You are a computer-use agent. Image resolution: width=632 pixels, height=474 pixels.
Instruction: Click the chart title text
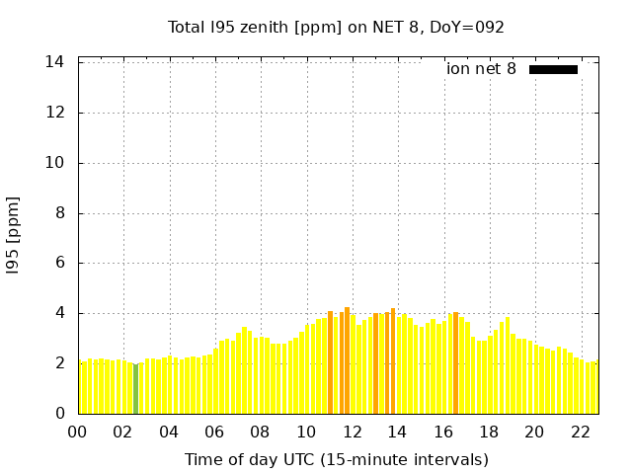pos(336,28)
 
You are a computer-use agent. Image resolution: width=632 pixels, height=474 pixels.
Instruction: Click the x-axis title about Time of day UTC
pos(336,459)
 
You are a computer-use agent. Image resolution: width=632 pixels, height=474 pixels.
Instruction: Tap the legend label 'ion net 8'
pos(481,69)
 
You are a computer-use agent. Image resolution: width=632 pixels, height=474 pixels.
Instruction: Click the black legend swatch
pos(553,69)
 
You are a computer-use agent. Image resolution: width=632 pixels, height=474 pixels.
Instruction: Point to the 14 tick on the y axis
pos(55,62)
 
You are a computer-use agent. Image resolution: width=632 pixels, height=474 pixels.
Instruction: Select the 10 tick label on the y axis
pos(55,163)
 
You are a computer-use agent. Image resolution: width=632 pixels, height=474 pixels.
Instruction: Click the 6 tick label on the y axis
pos(59,264)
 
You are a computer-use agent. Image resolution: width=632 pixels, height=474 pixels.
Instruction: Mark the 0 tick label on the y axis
pos(59,414)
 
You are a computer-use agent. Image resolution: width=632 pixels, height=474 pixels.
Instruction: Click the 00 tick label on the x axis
pos(78,432)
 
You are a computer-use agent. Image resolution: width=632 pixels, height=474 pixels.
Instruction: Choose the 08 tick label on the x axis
pos(261,432)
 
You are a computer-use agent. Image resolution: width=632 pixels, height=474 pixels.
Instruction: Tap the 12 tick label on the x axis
pos(352,432)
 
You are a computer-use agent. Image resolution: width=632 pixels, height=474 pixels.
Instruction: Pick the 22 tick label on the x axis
pos(581,432)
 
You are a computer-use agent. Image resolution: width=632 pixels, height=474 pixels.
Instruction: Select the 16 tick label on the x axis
pos(443,432)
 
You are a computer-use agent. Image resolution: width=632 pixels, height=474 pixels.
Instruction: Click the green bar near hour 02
pos(136,390)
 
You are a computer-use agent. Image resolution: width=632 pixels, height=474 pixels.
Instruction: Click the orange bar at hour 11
pos(330,363)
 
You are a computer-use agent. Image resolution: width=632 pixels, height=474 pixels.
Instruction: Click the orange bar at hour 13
pos(376,364)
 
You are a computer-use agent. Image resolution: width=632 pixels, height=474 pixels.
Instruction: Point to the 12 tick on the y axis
pos(55,113)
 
